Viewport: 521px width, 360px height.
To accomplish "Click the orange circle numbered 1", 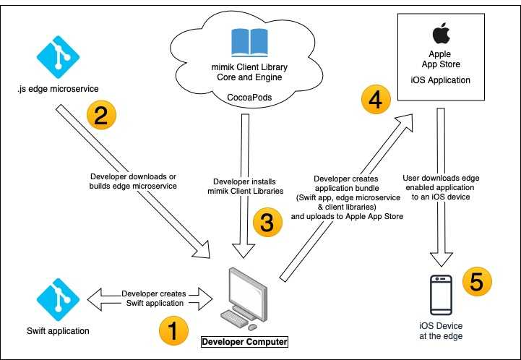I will point(172,331).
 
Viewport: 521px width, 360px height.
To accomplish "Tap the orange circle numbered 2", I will point(101,116).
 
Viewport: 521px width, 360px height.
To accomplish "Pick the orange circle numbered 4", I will point(374,101).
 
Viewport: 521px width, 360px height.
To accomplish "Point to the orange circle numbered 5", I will point(475,282).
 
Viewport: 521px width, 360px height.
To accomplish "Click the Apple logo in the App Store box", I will point(436,33).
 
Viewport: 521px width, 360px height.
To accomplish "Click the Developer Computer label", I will point(244,341).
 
